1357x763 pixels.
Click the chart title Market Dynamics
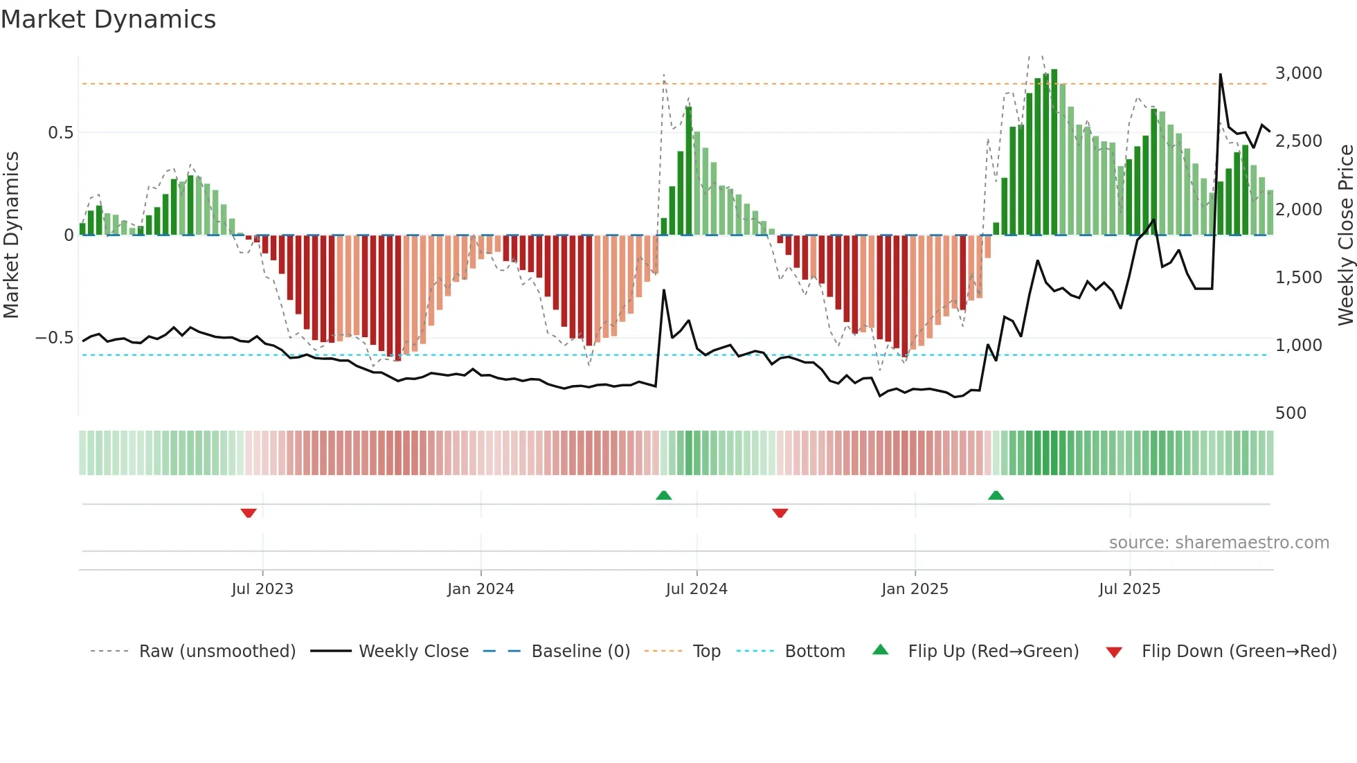[108, 19]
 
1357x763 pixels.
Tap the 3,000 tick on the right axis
[1298, 73]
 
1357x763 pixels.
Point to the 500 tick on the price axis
[1291, 413]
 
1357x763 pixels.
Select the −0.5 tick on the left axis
[54, 338]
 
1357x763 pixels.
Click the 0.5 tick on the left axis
[60, 133]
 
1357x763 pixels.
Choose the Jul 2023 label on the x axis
[262, 589]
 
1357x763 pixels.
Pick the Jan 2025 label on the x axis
[915, 589]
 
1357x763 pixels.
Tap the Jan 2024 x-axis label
[480, 589]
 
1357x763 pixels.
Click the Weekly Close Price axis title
[1345, 235]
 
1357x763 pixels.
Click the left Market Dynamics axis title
[11, 235]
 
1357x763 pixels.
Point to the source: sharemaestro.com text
[1219, 543]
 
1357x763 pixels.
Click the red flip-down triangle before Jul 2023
[249, 513]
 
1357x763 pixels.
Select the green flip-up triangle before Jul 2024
[663, 495]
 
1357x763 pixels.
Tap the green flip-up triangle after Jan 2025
[996, 495]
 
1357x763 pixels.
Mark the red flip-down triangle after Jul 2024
[780, 513]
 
